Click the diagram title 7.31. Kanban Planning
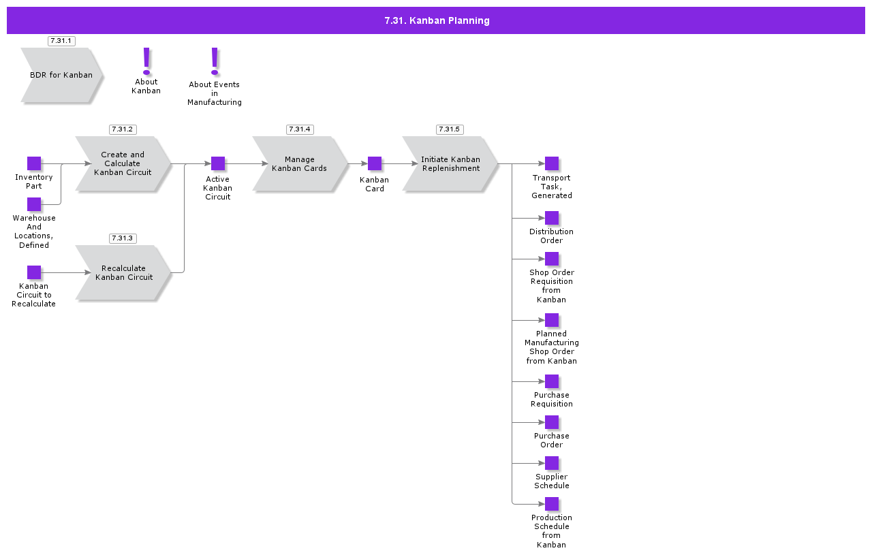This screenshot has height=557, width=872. [436, 20]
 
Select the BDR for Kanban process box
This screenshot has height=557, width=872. [61, 75]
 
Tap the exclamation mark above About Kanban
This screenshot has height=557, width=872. [146, 61]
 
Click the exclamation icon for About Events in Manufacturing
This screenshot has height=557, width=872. [215, 61]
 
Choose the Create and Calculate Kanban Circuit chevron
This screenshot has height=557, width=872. [123, 163]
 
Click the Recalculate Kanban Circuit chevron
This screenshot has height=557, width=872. [123, 272]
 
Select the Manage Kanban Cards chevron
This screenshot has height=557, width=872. [300, 163]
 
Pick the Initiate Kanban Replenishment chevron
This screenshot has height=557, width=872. [450, 163]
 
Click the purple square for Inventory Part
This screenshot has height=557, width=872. [34, 163]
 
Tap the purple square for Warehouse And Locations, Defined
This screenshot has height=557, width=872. [34, 204]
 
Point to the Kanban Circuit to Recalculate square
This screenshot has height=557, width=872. [34, 272]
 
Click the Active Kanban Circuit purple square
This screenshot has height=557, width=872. [218, 163]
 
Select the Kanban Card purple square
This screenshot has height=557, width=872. [375, 163]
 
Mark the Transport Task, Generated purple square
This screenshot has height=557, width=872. [552, 163]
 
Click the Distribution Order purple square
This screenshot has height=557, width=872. [552, 218]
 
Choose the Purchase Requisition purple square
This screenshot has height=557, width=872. [552, 381]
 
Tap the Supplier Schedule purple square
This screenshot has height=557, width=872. [552, 463]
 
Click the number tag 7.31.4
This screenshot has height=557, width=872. [300, 129]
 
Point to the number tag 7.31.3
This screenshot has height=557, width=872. [123, 238]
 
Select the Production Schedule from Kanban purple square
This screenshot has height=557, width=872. [552, 504]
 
